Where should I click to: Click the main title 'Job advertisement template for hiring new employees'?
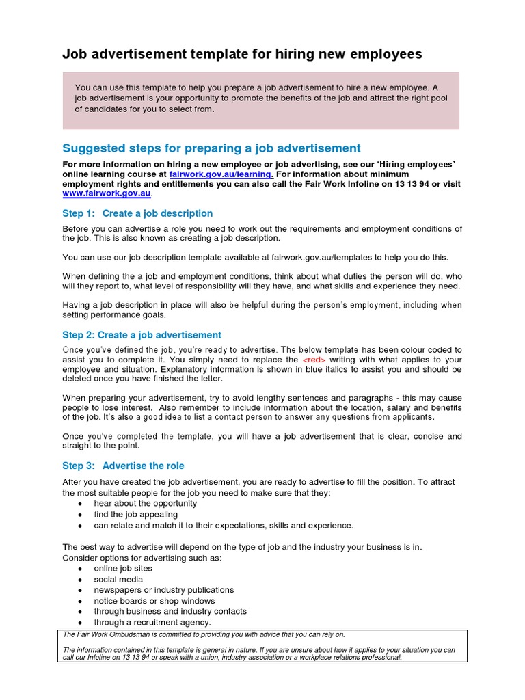coord(242,54)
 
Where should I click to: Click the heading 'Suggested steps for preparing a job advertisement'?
coord(211,148)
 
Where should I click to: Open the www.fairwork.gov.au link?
coord(106,193)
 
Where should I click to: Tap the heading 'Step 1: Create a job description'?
coord(137,213)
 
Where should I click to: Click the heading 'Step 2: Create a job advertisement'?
coord(142,335)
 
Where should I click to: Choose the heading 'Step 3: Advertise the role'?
coord(123,466)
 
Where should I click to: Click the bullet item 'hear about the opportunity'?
coord(145,503)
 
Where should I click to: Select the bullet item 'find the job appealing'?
coord(135,514)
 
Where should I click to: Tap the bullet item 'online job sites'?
coord(123,568)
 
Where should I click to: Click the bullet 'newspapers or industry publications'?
coord(163,590)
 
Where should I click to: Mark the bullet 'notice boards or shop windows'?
coord(154,601)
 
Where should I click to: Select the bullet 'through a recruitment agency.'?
coord(152,622)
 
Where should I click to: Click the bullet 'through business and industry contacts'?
coord(170,611)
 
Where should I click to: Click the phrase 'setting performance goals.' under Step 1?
coord(113,315)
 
